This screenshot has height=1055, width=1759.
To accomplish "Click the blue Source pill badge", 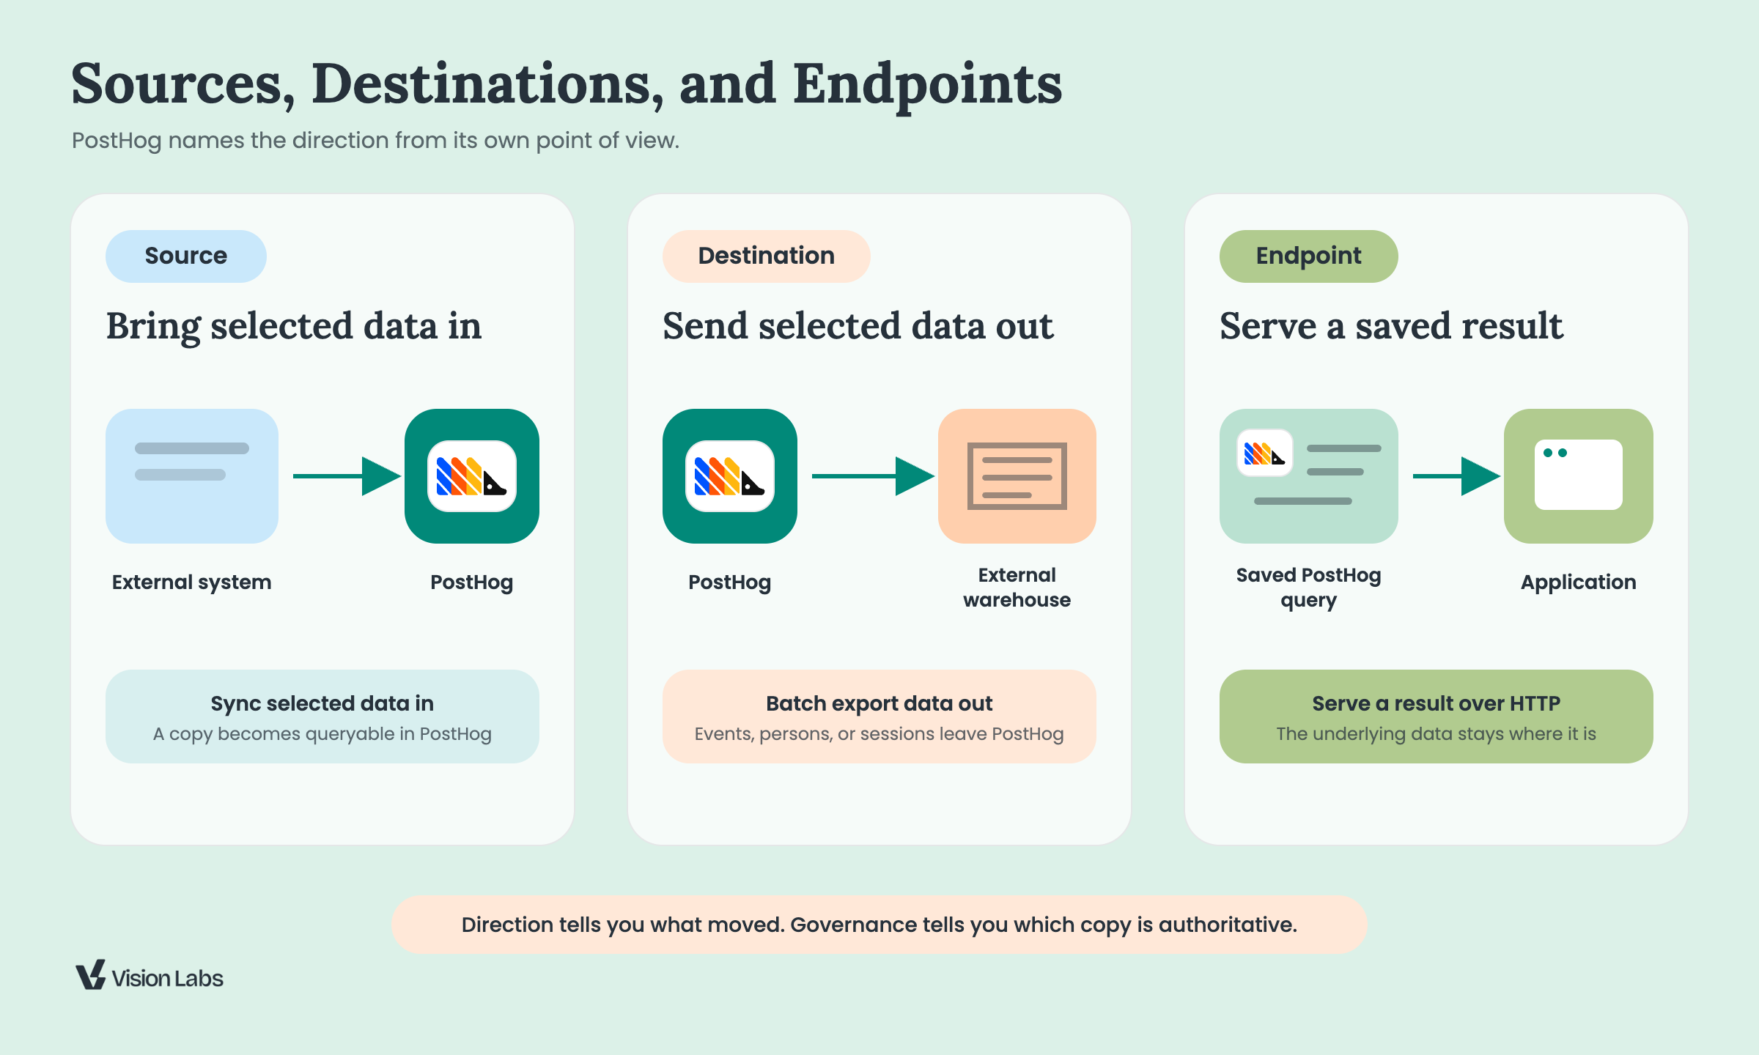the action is (x=186, y=256).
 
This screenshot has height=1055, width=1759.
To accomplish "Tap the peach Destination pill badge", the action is (x=767, y=256).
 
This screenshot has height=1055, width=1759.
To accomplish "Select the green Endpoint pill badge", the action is (x=1309, y=256).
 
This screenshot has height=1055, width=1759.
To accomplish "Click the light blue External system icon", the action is (x=192, y=476).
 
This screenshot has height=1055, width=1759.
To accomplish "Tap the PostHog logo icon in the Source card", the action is (x=472, y=476).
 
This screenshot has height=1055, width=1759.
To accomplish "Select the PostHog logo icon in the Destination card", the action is (x=730, y=476).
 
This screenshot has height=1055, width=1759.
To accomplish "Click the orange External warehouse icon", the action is (x=1017, y=476).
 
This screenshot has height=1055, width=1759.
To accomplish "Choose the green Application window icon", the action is (x=1579, y=476).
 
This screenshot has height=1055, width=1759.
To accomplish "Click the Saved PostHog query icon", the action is (x=1309, y=476).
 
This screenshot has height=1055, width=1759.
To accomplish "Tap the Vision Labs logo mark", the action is (x=91, y=975).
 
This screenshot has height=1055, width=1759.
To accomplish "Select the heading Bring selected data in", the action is (x=294, y=327).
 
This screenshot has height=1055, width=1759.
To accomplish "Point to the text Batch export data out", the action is (x=879, y=703).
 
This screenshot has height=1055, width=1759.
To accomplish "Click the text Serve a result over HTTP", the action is (x=1437, y=703).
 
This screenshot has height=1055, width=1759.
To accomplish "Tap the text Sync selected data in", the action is (x=322, y=704).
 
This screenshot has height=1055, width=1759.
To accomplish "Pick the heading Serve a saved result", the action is (x=1391, y=326).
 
